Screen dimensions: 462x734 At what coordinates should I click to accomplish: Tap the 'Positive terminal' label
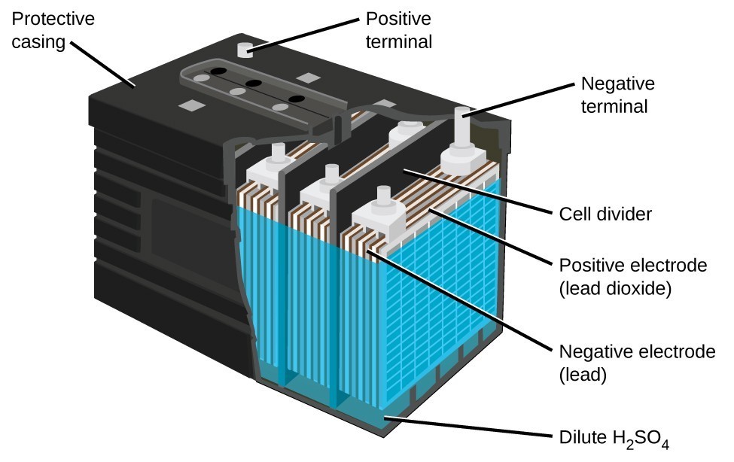pyautogui.click(x=399, y=29)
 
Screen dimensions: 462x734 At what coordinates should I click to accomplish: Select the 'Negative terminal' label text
pyautogui.click(x=614, y=94)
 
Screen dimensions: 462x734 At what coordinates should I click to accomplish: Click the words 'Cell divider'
pyautogui.click(x=605, y=214)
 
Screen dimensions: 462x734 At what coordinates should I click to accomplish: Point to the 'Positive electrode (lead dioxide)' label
pyautogui.click(x=633, y=276)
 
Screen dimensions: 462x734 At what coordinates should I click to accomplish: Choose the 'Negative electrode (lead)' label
pyautogui.click(x=636, y=363)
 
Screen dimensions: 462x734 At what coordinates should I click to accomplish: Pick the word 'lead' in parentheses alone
pyautogui.click(x=583, y=374)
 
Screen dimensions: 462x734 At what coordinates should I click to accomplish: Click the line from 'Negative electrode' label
pyautogui.click(x=459, y=301)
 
